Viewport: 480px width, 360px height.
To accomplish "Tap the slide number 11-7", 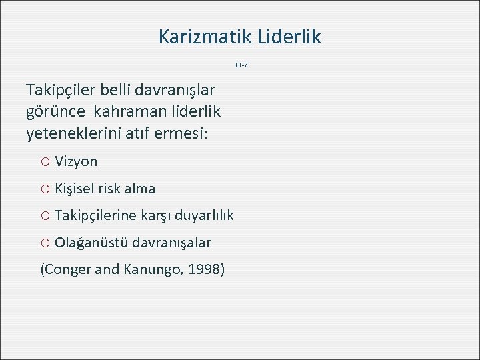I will point(241,65).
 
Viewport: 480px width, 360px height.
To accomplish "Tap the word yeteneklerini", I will point(74,133).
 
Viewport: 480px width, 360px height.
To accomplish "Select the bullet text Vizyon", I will point(76,161).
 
